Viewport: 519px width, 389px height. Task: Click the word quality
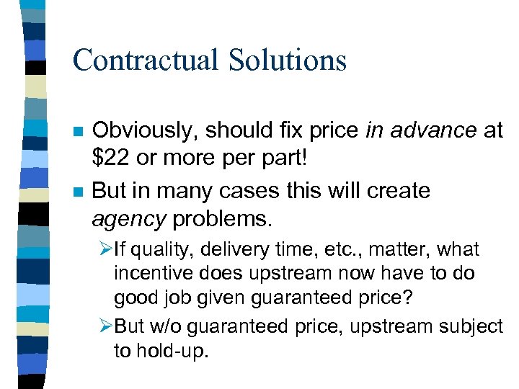159,250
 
